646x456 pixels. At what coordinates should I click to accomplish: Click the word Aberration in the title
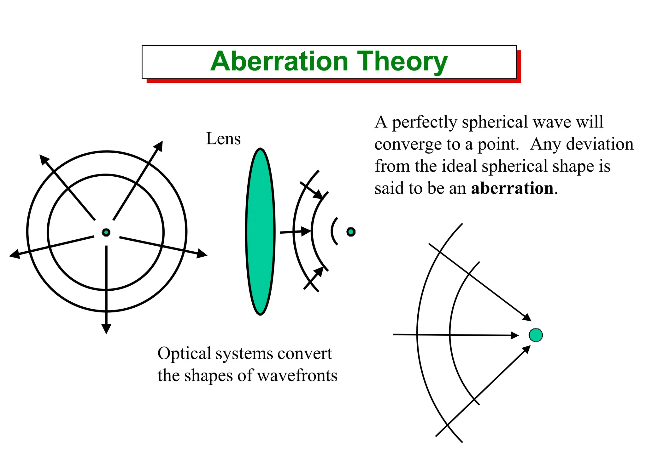tap(279, 62)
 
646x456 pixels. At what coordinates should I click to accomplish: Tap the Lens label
tap(223, 139)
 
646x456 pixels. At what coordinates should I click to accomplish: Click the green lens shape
tap(260, 231)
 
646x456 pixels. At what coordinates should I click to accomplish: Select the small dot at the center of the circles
tap(106, 232)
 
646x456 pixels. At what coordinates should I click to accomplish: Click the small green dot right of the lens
tap(351, 232)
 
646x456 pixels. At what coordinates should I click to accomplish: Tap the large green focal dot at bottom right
tap(536, 335)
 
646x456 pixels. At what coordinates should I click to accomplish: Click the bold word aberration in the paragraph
tap(512, 188)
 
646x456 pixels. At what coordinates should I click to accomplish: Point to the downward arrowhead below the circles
tap(106, 328)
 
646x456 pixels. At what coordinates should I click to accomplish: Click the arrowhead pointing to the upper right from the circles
tap(159, 146)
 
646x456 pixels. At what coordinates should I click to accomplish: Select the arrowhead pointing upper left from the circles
tap(44, 159)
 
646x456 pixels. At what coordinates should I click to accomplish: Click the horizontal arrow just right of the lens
tap(295, 232)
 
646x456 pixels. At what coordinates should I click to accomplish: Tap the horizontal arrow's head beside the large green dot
tap(514, 335)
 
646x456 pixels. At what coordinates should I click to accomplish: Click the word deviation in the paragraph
tap(600, 144)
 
